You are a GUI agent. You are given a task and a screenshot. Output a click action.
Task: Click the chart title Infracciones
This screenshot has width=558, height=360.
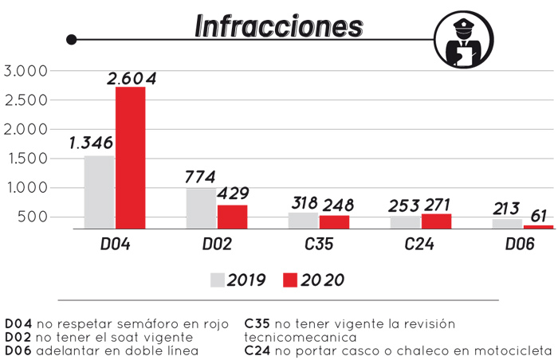[x=278, y=25]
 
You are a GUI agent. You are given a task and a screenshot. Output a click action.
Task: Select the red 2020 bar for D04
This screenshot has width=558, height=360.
[x=131, y=158]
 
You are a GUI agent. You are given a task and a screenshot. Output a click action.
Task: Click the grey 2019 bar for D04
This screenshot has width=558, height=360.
[x=100, y=192]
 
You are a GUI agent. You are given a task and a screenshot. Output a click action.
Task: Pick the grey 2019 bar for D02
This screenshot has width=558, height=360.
[x=201, y=209]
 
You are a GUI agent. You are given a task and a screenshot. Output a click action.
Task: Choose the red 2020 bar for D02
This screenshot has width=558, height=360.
[x=231, y=217]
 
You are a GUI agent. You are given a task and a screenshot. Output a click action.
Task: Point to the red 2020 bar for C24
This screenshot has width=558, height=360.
[x=436, y=221]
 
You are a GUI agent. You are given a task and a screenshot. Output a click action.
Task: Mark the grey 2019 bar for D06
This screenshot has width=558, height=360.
[x=507, y=224]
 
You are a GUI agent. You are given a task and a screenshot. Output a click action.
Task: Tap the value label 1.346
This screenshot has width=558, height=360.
[x=91, y=143]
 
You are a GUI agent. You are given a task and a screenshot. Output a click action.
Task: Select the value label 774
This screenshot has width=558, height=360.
[x=201, y=176]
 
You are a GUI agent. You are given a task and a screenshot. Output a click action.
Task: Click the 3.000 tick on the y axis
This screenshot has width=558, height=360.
[x=26, y=71]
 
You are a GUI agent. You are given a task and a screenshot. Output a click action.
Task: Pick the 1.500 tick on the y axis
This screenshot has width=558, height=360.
[x=26, y=158]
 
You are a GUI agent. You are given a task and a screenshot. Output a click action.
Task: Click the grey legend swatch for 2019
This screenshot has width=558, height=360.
[x=218, y=280]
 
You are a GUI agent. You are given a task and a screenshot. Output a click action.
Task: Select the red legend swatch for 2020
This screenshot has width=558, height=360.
[x=290, y=280]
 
